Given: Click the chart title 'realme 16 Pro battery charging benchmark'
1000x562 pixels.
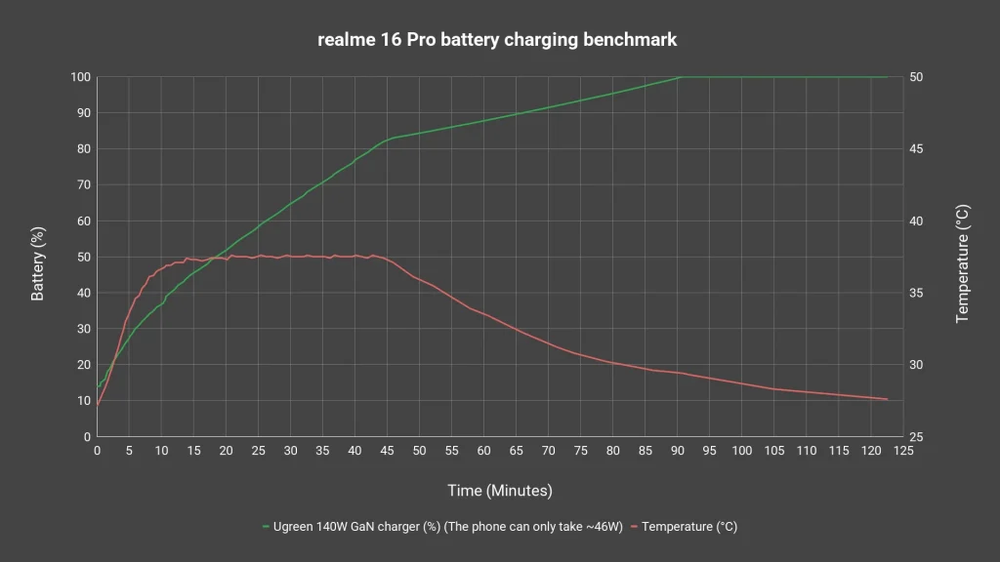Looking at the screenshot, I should tap(497, 40).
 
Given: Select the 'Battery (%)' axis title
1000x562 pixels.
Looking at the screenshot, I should tap(39, 262).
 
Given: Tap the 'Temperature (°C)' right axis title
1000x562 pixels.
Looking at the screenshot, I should tap(963, 263).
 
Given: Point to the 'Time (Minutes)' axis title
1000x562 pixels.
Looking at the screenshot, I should tap(499, 490).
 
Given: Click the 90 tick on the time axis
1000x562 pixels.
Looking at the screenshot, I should tap(678, 451).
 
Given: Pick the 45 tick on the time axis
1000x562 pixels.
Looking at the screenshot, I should tap(388, 451).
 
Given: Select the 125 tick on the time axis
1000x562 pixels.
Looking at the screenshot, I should tap(903, 451).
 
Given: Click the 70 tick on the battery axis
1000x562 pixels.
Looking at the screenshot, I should tap(83, 185).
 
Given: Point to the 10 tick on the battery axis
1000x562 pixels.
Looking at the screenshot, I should tap(83, 401).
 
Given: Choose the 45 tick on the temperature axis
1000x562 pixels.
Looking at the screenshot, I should tap(920, 149).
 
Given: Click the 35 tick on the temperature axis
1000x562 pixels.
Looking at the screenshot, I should tap(920, 294).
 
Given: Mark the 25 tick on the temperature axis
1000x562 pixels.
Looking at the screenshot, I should tap(920, 437).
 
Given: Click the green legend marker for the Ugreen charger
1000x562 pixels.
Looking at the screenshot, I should tap(266, 527).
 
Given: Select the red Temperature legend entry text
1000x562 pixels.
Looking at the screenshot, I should tap(689, 527).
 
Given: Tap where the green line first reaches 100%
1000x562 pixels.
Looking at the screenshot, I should tap(680, 77).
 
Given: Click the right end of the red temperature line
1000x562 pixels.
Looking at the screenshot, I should tap(887, 399).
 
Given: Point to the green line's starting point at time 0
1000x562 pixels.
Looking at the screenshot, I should tap(98, 388).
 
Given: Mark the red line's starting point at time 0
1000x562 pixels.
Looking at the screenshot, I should tap(98, 405).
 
